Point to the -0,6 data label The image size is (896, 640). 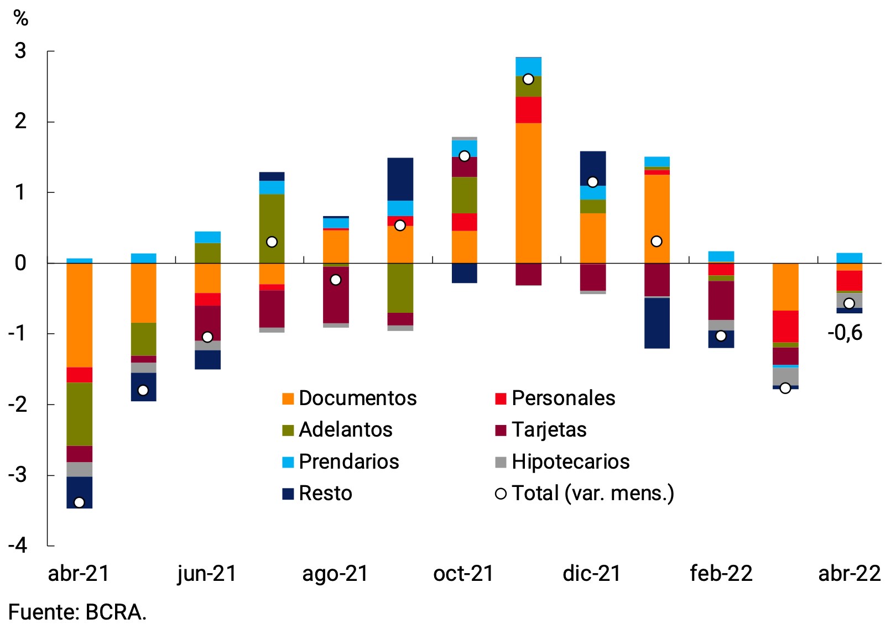[x=845, y=333]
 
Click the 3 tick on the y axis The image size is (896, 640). [x=20, y=51]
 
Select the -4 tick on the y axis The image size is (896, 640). [x=18, y=546]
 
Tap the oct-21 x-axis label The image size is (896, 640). [x=463, y=574]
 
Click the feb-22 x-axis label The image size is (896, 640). [x=721, y=574]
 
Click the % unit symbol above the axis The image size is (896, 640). [x=21, y=19]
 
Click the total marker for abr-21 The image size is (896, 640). [x=79, y=502]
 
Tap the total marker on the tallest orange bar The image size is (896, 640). [x=528, y=79]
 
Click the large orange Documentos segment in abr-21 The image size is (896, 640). [x=79, y=315]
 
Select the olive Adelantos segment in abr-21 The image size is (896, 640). [x=79, y=415]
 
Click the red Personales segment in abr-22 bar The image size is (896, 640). [x=849, y=280]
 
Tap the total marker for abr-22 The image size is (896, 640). [x=849, y=303]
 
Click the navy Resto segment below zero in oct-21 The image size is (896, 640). [x=464, y=273]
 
